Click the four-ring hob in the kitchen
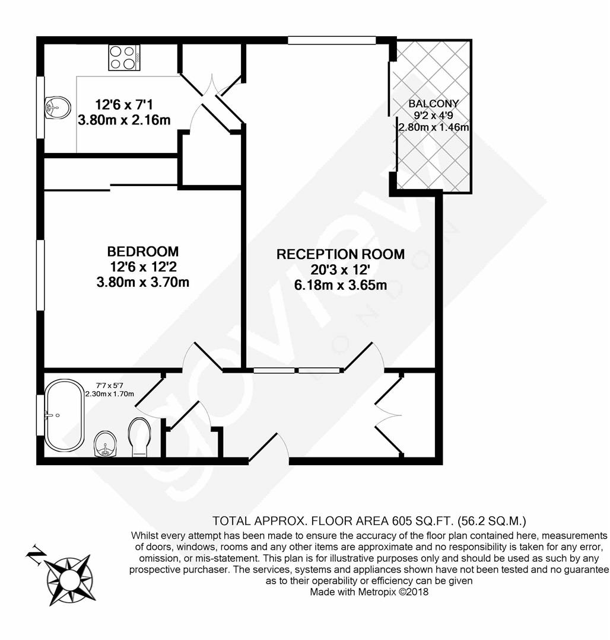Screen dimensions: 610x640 124,57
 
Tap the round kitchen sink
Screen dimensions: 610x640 57,108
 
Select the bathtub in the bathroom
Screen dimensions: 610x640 64,415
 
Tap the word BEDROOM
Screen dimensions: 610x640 143,251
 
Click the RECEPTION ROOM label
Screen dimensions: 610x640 341,254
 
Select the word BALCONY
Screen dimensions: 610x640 434,104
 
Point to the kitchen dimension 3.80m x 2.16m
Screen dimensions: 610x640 124,120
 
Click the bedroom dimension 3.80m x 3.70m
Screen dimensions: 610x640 143,282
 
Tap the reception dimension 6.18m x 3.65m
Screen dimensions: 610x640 341,285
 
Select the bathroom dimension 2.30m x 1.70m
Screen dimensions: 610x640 110,394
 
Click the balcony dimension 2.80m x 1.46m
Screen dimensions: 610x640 434,127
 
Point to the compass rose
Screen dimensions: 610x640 69,579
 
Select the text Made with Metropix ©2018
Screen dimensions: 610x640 369,591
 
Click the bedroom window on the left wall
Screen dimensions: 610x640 40,275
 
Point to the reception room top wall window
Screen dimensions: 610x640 332,40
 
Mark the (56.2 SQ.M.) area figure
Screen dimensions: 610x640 492,521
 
